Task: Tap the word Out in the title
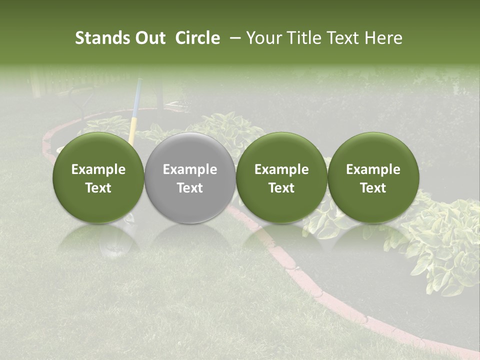coord(149,38)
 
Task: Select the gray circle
coord(190,177)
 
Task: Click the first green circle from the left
coord(98,177)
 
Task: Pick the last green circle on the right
coord(373,177)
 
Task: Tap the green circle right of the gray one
coord(281,177)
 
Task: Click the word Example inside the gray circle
coord(190,169)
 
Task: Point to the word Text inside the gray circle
coord(190,187)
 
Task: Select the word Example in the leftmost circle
coord(98,169)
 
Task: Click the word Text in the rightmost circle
coord(373,187)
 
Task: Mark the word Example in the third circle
coord(281,169)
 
